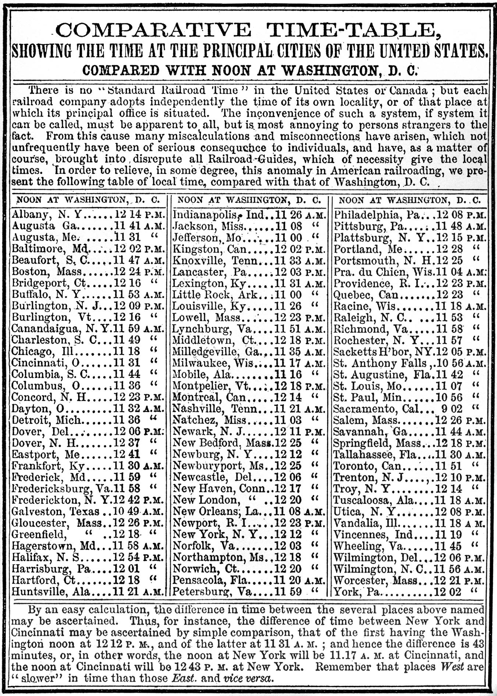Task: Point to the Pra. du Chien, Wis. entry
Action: pyautogui.click(x=383, y=272)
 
